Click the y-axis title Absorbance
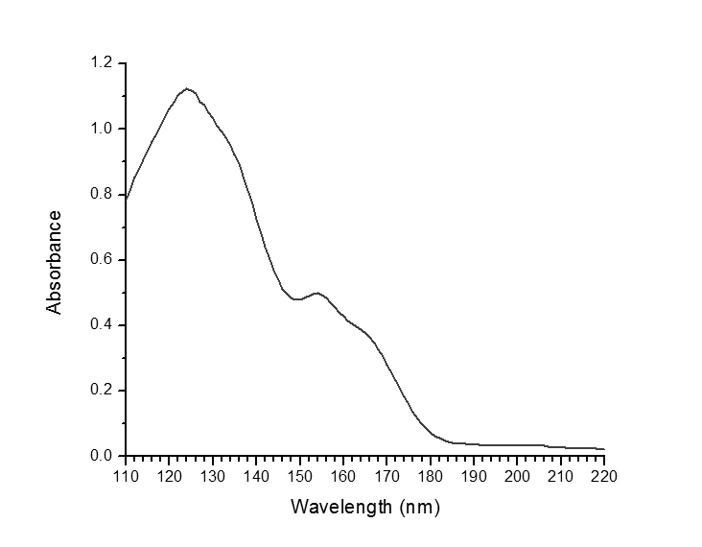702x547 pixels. click(55, 262)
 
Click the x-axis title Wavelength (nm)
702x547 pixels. click(365, 506)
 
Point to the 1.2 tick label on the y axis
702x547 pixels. click(102, 63)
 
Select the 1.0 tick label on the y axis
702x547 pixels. click(102, 129)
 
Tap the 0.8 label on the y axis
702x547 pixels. click(102, 194)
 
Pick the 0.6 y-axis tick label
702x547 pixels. click(102, 259)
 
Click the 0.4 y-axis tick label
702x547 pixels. click(102, 325)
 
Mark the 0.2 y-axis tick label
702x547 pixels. click(102, 391)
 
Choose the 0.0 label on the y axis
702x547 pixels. click(102, 456)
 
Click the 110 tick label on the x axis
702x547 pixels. click(126, 475)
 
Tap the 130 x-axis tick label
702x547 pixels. click(212, 475)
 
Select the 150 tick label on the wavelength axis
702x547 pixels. click(299, 475)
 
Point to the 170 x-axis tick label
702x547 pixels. click(386, 475)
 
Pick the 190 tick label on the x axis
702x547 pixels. click(474, 475)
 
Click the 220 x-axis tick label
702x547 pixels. click(604, 475)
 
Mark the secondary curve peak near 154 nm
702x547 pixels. click(317, 293)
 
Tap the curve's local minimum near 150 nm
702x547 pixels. click(298, 299)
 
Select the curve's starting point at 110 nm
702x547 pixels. click(126, 199)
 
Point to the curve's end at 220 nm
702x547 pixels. click(604, 449)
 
